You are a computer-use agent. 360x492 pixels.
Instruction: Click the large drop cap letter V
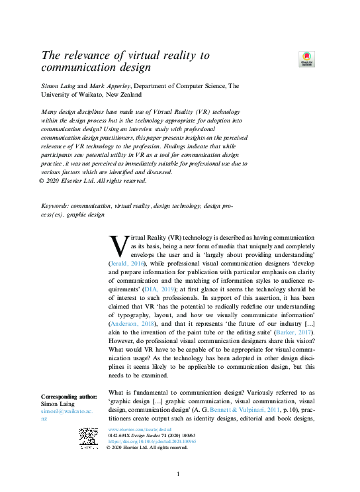pyautogui.click(x=116, y=246)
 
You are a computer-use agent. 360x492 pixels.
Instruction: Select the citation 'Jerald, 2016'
pyautogui.click(x=126, y=263)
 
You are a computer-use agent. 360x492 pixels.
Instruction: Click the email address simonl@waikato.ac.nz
pyautogui.click(x=66, y=415)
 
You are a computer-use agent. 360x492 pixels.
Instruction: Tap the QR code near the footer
pyautogui.click(x=89, y=438)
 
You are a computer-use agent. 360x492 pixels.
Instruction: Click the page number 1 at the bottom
pyautogui.click(x=178, y=475)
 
